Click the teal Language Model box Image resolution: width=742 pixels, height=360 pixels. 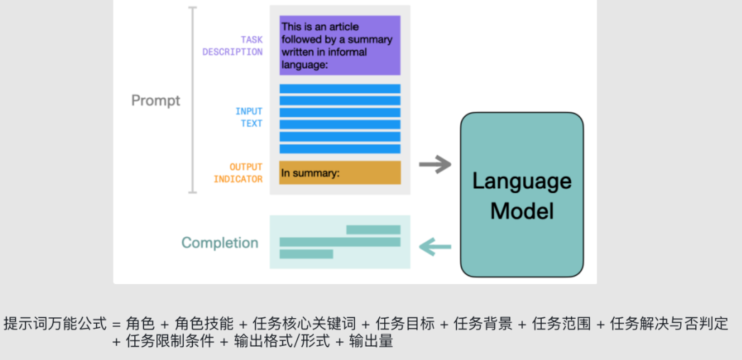point(522,194)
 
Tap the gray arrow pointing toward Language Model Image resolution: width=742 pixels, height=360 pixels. point(435,165)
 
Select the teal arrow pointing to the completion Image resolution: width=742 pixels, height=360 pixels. point(435,247)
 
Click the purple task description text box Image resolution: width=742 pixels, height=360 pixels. point(339,45)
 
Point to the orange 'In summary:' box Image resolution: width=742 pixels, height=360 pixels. point(339,173)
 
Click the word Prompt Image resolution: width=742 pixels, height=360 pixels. point(156,101)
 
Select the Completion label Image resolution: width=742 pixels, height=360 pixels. point(219,243)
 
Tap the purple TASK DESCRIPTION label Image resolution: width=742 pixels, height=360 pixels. point(233,46)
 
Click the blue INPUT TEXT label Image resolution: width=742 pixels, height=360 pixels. point(249,117)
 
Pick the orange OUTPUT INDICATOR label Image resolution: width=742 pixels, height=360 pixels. point(239,173)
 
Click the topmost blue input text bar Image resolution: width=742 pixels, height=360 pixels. point(339,89)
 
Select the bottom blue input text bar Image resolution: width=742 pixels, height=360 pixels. point(339,148)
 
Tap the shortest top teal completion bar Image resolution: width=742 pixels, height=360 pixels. point(373,229)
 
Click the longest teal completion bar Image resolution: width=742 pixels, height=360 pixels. point(339,242)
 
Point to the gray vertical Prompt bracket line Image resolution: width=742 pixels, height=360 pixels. point(192,99)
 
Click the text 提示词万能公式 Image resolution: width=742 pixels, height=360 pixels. point(55,324)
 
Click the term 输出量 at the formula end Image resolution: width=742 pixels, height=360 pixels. point(369,342)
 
